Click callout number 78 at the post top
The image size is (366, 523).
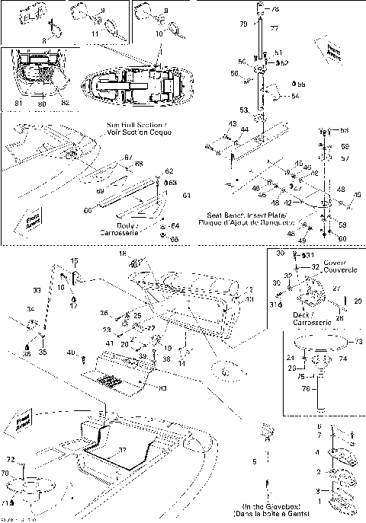point(275,8)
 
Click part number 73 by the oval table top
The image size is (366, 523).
point(360,341)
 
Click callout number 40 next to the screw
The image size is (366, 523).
point(70,352)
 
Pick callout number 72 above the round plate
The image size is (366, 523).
point(12,461)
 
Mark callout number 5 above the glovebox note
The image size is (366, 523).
point(254,462)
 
